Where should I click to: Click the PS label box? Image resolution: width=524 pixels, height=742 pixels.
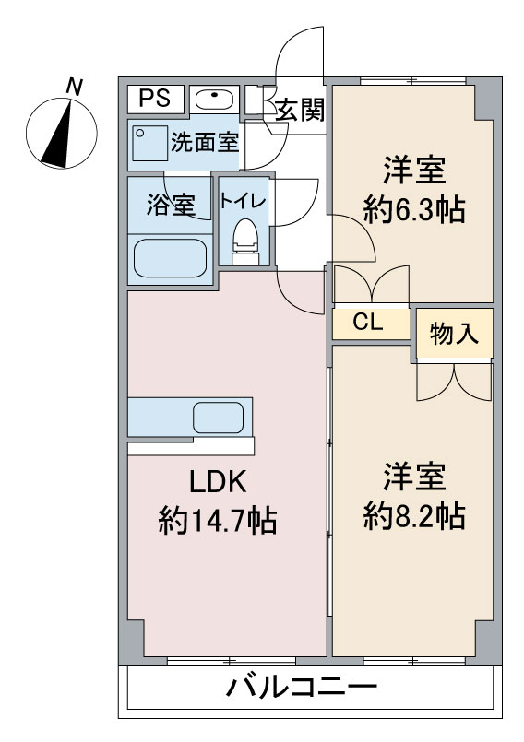[155, 97]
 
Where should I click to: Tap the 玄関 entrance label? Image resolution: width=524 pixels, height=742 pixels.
[300, 111]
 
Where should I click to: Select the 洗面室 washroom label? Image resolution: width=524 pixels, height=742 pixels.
[204, 143]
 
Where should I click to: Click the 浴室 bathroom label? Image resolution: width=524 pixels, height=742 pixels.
[171, 205]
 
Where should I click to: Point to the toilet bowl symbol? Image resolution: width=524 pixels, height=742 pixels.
[244, 239]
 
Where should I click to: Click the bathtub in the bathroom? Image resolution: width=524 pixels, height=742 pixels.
[170, 258]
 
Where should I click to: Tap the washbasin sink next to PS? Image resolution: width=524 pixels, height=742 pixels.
[214, 98]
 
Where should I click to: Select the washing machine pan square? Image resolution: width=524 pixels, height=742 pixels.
[149, 144]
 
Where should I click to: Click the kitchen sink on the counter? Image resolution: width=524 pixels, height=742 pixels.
[218, 418]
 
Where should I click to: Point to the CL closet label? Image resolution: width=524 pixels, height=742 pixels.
[369, 323]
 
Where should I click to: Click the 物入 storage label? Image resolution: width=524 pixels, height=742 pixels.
[455, 334]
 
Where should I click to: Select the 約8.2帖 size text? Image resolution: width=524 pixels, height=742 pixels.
[413, 514]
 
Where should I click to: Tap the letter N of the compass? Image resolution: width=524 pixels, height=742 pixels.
[75, 88]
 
